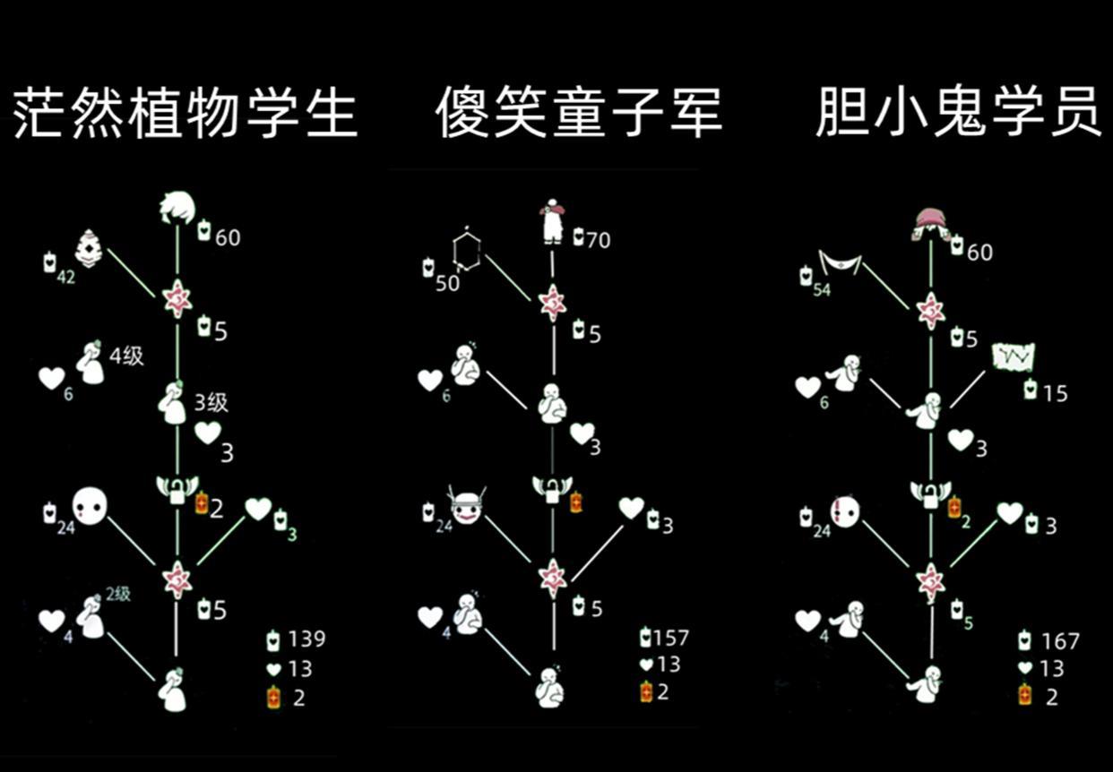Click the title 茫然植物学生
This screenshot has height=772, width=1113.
pos(185,114)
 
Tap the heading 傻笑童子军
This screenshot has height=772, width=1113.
pos(578,114)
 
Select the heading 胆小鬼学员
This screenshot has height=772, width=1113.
pos(958,114)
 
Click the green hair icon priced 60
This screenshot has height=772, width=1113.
pos(177,209)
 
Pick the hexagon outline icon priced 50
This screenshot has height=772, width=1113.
pos(466,250)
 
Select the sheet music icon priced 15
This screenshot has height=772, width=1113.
pos(1014,356)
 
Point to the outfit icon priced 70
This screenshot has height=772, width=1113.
pos(551,221)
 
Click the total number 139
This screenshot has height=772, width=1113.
pos(306,639)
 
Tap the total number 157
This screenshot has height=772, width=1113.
pos(671,638)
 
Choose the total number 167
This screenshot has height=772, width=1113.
pos(1060,641)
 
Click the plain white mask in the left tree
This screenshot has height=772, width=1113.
pos(90,506)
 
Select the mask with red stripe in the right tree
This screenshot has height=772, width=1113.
pos(844,511)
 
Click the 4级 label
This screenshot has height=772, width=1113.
pos(127,356)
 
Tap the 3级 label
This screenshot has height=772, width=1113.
pos(211,402)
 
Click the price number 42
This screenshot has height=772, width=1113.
pos(65,278)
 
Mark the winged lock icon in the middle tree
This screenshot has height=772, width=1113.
pos(552,488)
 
